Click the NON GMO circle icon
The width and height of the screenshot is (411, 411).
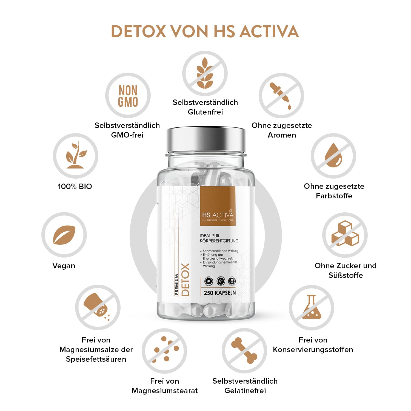tap(128, 96)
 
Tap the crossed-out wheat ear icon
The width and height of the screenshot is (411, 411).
tap(205, 73)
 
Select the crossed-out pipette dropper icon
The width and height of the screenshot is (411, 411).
tap(281, 96)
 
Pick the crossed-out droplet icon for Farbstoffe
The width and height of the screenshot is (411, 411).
tap(333, 156)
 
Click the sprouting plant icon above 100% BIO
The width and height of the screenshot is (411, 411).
tap(75, 156)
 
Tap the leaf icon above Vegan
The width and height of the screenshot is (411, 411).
tap(64, 235)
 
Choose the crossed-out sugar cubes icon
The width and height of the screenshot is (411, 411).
tap(345, 235)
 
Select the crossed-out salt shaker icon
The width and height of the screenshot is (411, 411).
tap(98, 307)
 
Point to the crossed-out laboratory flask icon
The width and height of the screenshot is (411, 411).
tap(312, 307)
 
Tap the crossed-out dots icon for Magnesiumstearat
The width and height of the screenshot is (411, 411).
tap(164, 351)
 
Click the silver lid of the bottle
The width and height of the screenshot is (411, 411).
tap(206, 140)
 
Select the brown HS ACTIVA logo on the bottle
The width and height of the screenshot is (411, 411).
tap(218, 206)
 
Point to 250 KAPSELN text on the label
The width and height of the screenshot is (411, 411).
tap(219, 293)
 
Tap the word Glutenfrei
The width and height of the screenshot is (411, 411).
tap(205, 112)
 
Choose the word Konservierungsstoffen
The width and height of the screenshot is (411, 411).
tap(313, 350)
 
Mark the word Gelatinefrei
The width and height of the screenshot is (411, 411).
tap(245, 390)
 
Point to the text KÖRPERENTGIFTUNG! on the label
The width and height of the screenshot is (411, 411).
tap(219, 241)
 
